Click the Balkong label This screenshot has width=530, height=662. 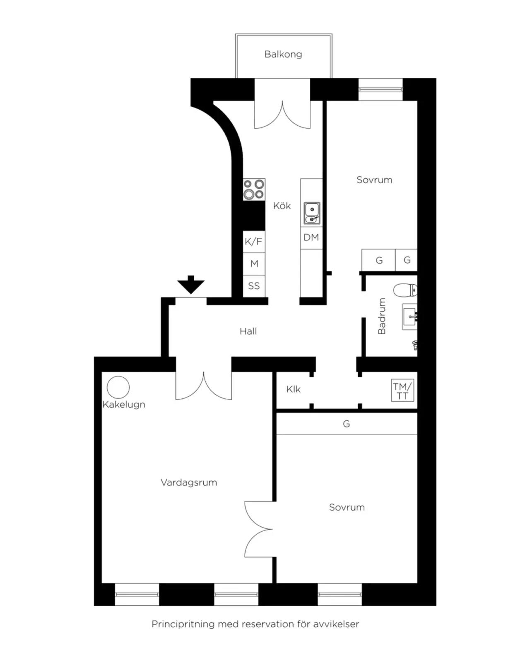click(x=283, y=54)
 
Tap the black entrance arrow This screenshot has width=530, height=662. click(x=190, y=285)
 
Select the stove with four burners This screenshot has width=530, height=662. click(x=254, y=189)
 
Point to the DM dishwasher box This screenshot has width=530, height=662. click(x=311, y=238)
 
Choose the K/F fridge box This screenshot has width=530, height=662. click(x=254, y=242)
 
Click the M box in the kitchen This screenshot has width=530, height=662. click(x=254, y=264)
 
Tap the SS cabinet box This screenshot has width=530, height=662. click(x=254, y=286)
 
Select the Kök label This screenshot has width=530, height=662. click(x=282, y=206)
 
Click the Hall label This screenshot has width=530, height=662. click(x=248, y=331)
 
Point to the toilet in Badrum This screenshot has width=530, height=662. click(x=405, y=290)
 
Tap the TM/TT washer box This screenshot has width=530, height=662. click(x=402, y=391)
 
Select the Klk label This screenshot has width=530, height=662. click(x=293, y=389)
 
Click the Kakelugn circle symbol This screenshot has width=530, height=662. click(x=118, y=387)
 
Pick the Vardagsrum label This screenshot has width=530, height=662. click(x=189, y=482)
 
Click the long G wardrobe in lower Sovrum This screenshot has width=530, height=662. click(x=347, y=424)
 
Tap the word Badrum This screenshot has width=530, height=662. click(x=382, y=316)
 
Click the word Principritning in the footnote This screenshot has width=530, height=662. click(x=183, y=624)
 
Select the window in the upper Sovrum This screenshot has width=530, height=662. click(x=381, y=89)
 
